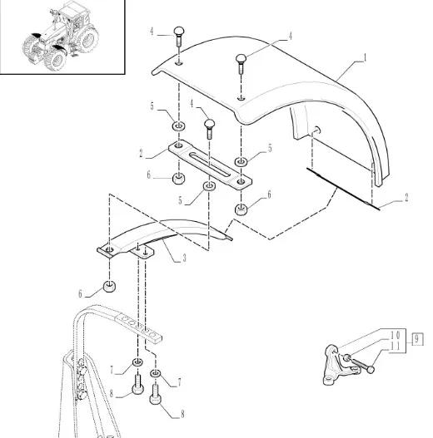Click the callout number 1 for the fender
[365, 58]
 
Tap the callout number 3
[184, 258]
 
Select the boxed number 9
[417, 339]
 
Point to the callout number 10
[396, 335]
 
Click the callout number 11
[396, 347]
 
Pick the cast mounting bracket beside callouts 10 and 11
[339, 365]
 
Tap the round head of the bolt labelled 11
[371, 370]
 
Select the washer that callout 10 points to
[346, 357]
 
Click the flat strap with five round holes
[138, 326]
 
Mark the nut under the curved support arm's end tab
[109, 287]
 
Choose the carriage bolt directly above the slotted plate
[209, 129]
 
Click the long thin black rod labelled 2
[343, 189]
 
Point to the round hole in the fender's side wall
[317, 130]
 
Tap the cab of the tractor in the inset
[73, 15]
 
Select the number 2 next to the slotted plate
[141, 154]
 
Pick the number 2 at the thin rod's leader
[406, 198]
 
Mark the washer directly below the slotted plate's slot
[209, 186]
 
